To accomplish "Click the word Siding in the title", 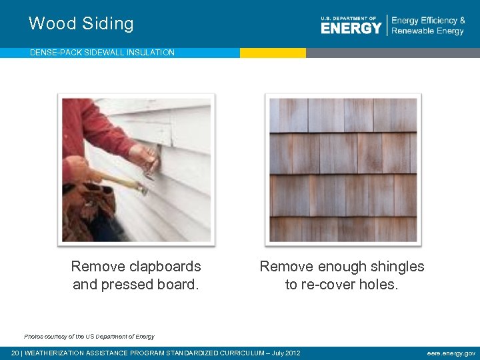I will (x=107, y=24).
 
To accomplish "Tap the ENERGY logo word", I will (x=351, y=27).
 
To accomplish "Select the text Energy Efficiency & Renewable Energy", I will (x=428, y=25).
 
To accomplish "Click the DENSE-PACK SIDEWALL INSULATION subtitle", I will (x=102, y=53).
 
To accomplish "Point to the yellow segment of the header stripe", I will (x=273, y=53).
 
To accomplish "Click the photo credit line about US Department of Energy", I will (x=89, y=337).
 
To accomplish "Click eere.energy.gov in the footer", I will (x=451, y=353).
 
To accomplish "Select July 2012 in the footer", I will (x=285, y=353).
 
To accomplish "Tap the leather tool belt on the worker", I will (x=87, y=210).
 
